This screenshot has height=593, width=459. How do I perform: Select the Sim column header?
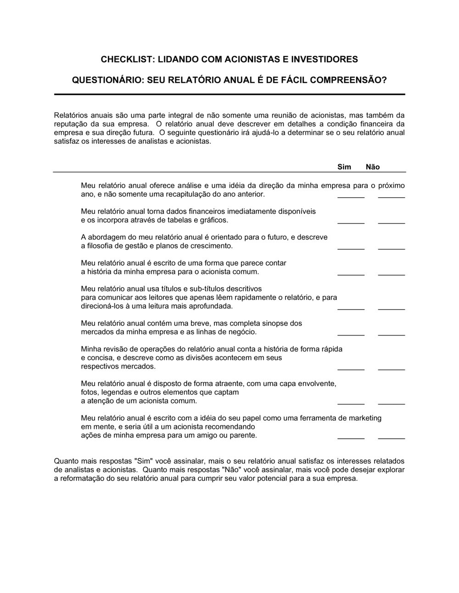(x=344, y=167)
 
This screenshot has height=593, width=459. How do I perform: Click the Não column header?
(x=373, y=167)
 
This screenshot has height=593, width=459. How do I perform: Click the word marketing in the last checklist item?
(x=365, y=418)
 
